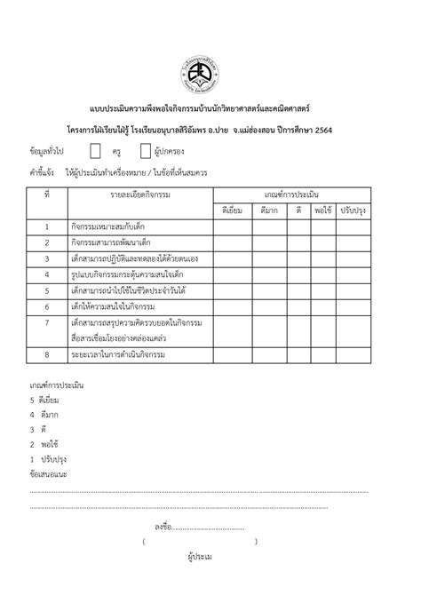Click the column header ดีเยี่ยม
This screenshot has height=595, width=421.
tap(232, 210)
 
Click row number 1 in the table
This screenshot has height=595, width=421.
tap(46, 226)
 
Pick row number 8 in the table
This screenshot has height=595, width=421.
tap(46, 355)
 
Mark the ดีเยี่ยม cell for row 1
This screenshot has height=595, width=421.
tap(232, 226)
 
